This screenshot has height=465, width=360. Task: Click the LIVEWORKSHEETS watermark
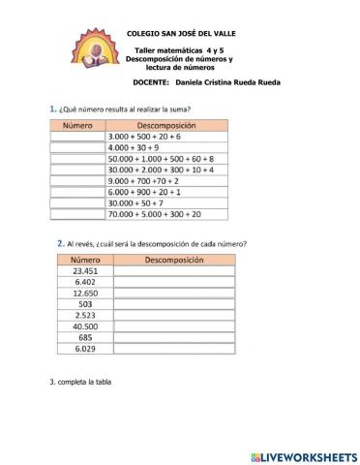click(304, 454)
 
